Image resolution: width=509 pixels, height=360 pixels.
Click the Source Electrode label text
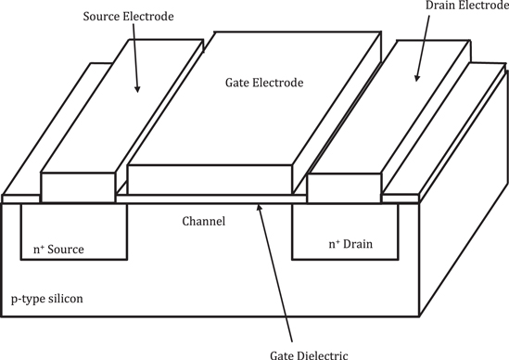129,18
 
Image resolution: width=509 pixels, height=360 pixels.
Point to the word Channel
204,221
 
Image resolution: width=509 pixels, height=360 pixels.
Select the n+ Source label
58,249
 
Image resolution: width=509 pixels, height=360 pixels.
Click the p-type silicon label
45,300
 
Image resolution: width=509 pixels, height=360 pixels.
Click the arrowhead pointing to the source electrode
138,89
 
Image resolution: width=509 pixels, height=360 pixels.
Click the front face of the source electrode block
79,187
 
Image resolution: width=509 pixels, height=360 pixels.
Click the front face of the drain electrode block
345,187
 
